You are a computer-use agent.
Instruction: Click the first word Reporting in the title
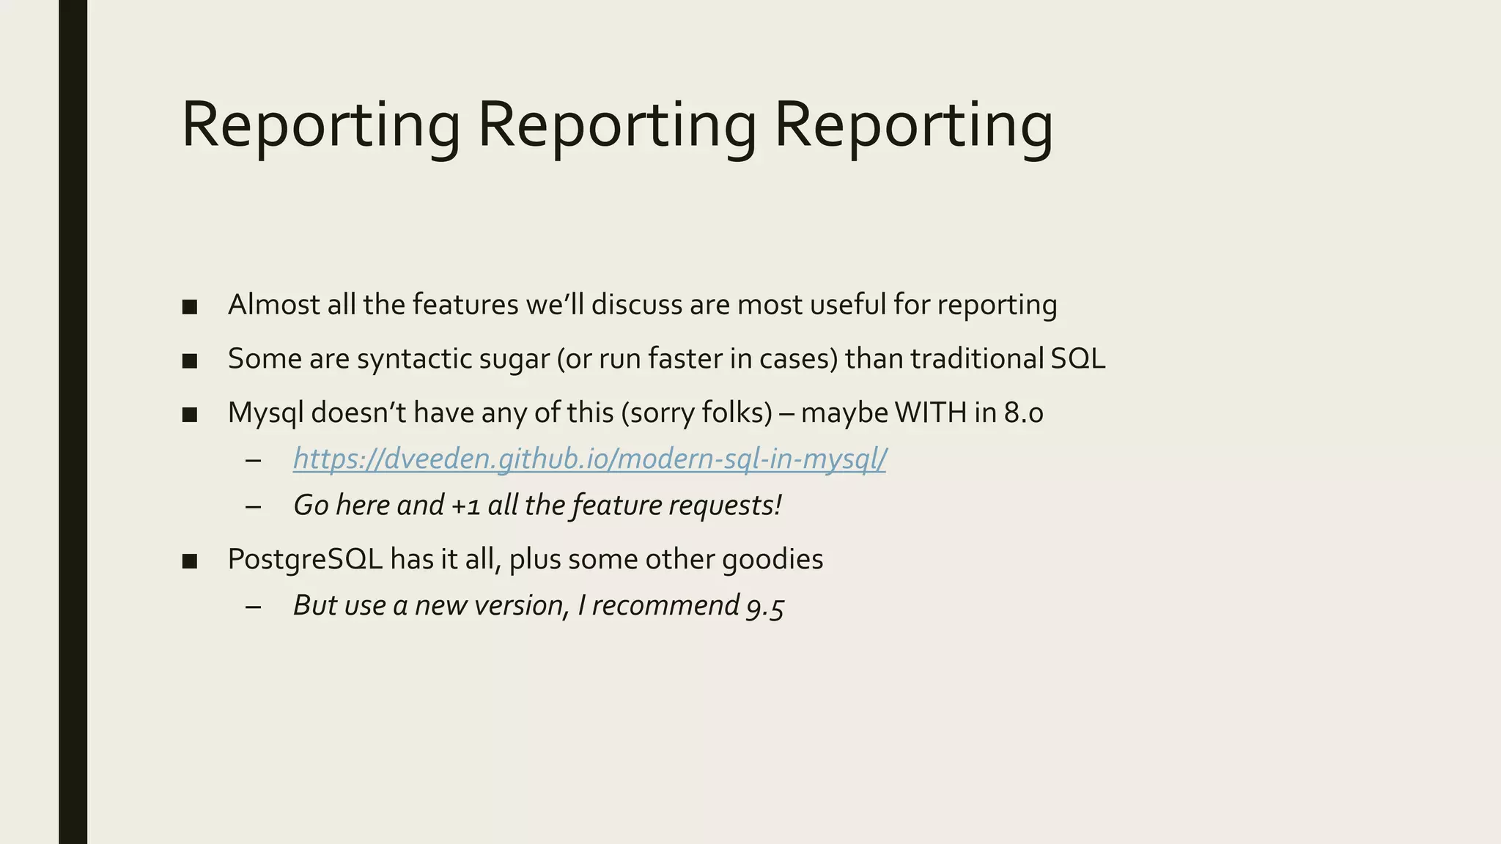click(x=320, y=126)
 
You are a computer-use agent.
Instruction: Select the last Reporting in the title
click(x=913, y=126)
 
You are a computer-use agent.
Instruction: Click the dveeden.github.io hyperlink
click(x=589, y=459)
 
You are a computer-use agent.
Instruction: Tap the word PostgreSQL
click(x=305, y=560)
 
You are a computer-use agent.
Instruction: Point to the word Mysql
click(x=265, y=413)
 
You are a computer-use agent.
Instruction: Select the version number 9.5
click(x=765, y=607)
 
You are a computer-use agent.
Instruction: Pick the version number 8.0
click(x=1023, y=413)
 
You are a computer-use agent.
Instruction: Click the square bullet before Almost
click(x=190, y=306)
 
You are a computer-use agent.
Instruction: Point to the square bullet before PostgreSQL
click(x=190, y=561)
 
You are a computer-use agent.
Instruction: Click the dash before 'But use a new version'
click(x=254, y=607)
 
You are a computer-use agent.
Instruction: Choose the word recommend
click(x=665, y=606)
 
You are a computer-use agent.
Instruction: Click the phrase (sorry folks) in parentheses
click(x=696, y=413)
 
